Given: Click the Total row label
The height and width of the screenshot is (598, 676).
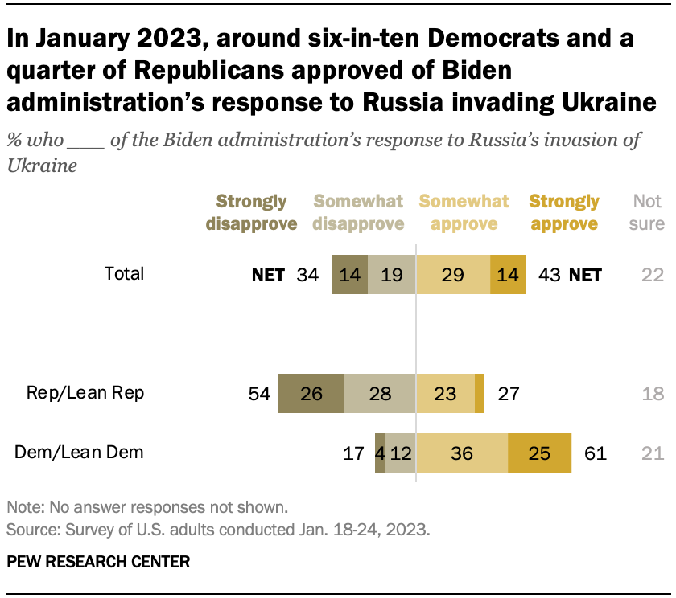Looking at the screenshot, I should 124,273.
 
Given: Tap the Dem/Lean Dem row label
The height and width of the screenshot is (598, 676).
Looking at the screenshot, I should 80,452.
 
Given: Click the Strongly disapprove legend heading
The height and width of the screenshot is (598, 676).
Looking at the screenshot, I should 252,212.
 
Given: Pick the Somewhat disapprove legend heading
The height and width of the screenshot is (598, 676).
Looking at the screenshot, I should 358,212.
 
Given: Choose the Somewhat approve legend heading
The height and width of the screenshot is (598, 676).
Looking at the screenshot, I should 464,212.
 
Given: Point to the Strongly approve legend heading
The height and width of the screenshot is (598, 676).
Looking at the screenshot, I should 564,212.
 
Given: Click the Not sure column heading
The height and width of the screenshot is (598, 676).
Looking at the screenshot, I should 646,212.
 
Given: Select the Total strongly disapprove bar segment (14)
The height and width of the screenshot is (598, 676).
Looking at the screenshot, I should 350,275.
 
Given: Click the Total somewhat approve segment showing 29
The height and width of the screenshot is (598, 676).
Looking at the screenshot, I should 452,275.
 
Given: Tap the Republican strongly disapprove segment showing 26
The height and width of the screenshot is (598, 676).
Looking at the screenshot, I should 311,394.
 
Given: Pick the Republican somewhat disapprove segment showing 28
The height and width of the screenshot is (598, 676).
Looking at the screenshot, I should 380,394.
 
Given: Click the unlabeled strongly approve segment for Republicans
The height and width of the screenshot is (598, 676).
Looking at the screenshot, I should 480,394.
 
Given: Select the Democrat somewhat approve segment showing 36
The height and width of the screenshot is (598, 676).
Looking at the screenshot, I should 462,453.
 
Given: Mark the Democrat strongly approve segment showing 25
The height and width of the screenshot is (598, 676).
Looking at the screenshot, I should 539,453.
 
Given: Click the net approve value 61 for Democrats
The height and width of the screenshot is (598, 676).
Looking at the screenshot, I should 596,453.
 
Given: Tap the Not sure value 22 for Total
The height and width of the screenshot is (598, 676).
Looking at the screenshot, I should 653,275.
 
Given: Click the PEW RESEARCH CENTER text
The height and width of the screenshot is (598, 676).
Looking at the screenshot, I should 98,562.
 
